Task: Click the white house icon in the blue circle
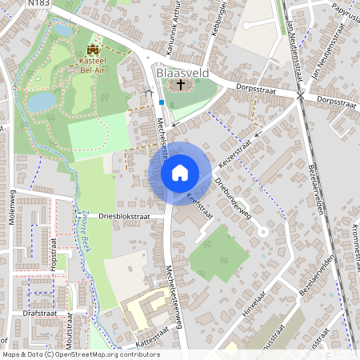tap(180, 172)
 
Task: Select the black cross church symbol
tap(181, 85)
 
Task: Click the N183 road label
tap(38, 4)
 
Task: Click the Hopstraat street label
tap(55, 262)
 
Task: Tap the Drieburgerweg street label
tap(233, 197)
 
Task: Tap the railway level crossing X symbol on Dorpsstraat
tap(300, 95)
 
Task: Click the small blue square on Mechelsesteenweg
tap(162, 102)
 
